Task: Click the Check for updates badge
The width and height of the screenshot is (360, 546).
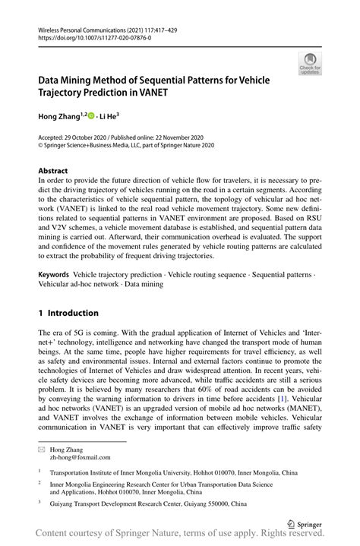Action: click(310, 64)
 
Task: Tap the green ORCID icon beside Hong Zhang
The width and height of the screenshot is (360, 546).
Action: click(91, 115)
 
